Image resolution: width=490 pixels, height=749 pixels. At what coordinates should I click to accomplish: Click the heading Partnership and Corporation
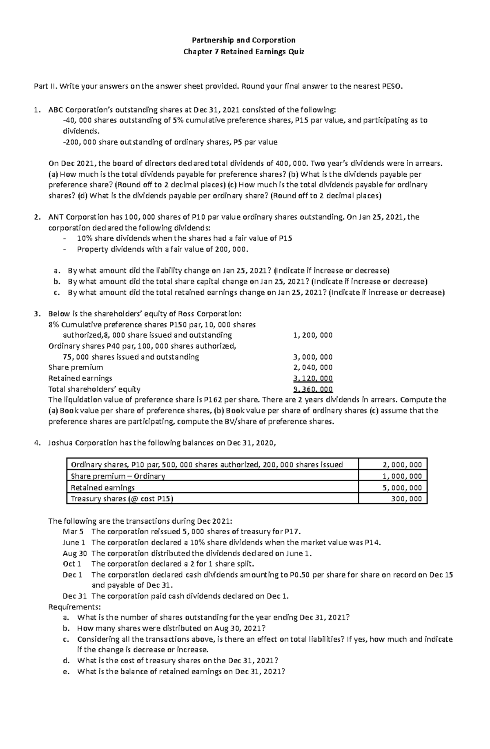pyautogui.click(x=244, y=40)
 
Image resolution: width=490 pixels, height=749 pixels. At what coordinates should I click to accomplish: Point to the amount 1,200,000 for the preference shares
pyautogui.click(x=313, y=335)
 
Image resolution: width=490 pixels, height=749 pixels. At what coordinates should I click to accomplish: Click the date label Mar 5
pyautogui.click(x=73, y=531)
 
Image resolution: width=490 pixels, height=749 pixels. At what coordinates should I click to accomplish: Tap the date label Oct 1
pyautogui.click(x=72, y=564)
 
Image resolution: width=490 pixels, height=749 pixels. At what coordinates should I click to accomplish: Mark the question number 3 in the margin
pyautogui.click(x=37, y=314)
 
